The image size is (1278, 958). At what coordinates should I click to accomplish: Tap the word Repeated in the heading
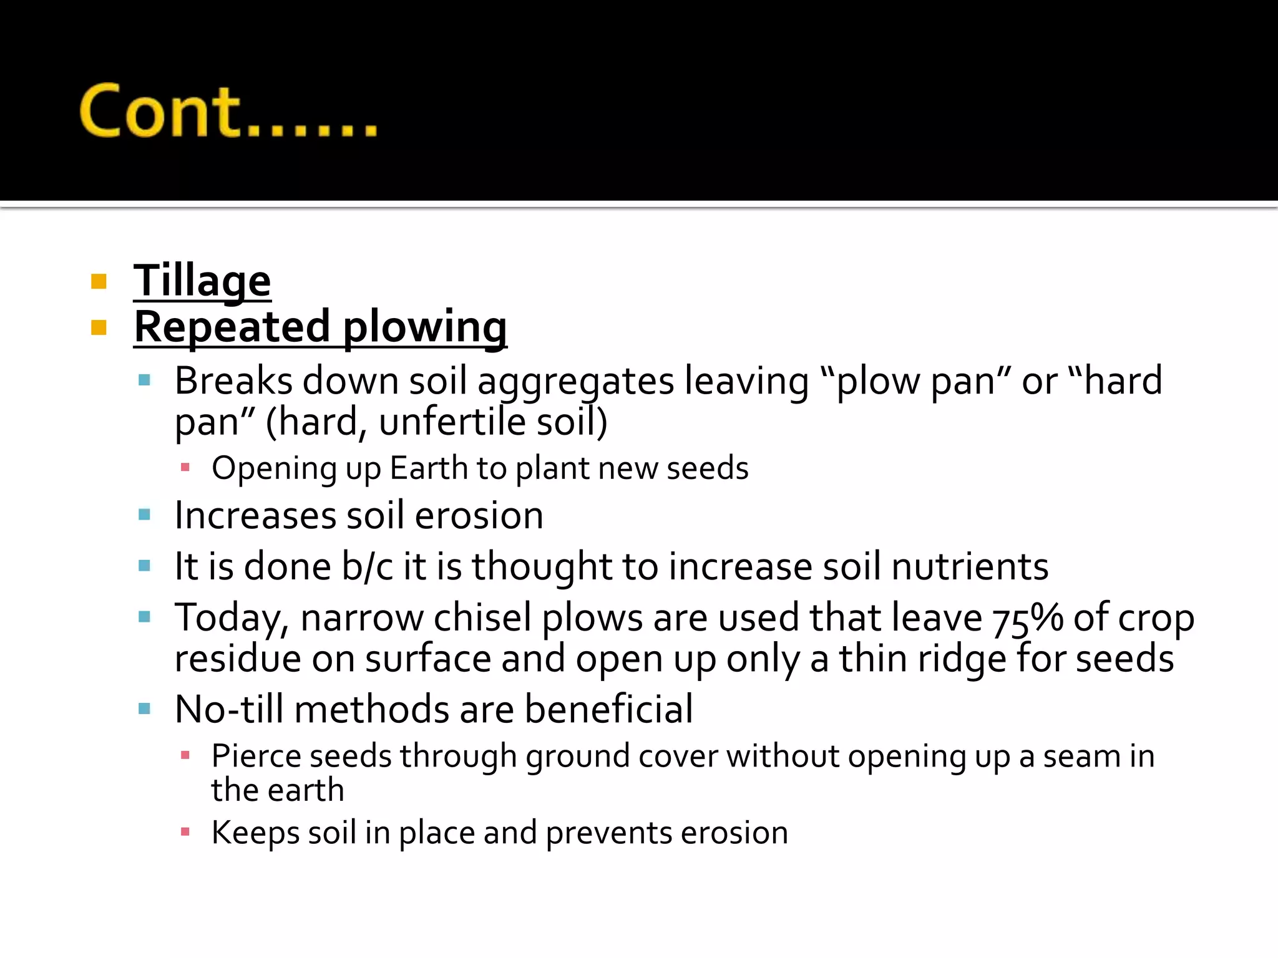click(232, 327)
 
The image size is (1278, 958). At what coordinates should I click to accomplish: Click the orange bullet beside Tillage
click(99, 282)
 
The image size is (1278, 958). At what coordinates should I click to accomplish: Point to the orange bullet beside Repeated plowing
click(99, 327)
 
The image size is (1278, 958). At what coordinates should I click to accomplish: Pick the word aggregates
click(575, 382)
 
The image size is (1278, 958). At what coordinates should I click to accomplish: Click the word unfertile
click(452, 422)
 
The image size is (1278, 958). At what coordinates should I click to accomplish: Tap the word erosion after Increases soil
click(479, 516)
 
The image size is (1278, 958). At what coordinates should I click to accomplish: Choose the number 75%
click(1028, 619)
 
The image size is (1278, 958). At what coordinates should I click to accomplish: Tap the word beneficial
click(608, 709)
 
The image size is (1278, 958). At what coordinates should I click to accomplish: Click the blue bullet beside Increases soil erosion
click(145, 515)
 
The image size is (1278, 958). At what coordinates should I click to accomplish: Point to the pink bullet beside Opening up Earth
click(185, 467)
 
